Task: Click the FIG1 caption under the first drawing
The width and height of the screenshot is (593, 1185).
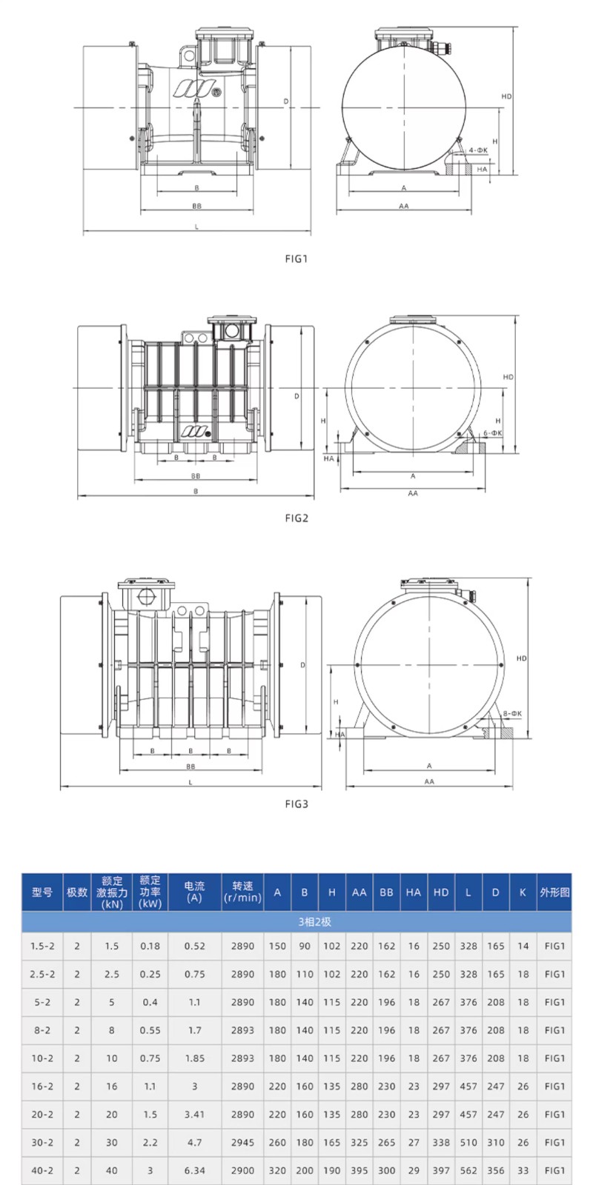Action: coord(296,258)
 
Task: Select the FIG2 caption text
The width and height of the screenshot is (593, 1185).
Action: coord(296,518)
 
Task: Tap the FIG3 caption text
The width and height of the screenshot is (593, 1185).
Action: coord(296,804)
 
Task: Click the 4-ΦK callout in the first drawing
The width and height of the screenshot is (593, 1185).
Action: coord(477,151)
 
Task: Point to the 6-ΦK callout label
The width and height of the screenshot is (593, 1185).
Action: coord(492,433)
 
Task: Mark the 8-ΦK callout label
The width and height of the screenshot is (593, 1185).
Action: coord(512,714)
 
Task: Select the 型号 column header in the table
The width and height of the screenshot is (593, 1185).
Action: coord(42,892)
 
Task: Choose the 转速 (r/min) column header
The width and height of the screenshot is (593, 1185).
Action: coord(242,892)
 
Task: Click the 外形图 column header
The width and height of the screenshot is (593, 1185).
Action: coord(554,892)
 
